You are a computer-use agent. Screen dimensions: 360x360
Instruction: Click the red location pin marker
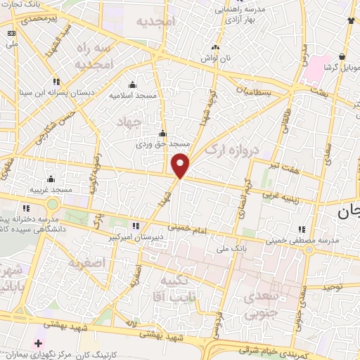coord(181,165)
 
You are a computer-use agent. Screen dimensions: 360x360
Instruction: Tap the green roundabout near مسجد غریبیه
coord(52,205)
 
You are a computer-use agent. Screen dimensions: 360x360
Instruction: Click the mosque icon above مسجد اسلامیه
coord(131,84)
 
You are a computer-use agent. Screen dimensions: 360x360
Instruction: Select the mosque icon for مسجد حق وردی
coord(163,133)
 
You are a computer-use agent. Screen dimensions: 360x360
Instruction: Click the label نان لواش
coord(215,58)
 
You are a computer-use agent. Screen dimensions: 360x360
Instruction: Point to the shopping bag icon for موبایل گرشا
coord(342,56)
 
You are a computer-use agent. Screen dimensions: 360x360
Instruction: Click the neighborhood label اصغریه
coord(86,264)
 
